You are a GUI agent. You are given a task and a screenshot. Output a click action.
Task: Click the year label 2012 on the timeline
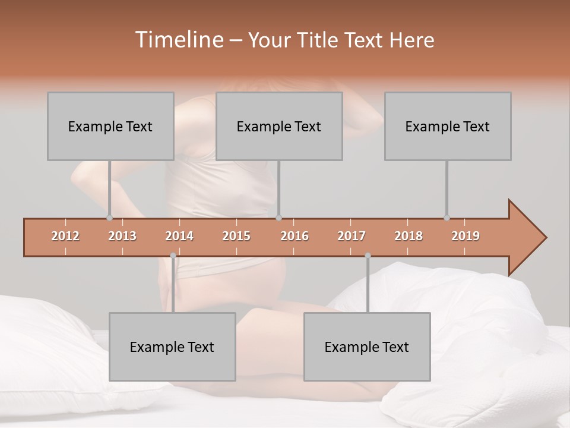[x=65, y=236]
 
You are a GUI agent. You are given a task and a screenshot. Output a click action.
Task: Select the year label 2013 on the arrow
[x=122, y=236]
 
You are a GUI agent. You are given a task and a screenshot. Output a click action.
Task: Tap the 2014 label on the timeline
[x=179, y=236]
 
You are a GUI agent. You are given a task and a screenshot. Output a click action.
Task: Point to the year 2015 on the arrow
[x=236, y=236]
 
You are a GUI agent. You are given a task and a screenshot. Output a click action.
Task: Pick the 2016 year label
[x=294, y=236]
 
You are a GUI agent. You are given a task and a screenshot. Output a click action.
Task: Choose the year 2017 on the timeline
[x=351, y=236]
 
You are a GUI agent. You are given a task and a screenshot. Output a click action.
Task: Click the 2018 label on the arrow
[x=408, y=236]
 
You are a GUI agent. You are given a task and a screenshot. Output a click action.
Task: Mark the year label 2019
[x=465, y=236]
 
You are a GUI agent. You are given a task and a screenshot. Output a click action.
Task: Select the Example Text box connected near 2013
[x=110, y=126]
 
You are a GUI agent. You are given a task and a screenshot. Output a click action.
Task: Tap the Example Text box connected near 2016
[x=279, y=126]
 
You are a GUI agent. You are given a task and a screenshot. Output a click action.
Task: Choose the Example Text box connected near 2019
[x=448, y=126]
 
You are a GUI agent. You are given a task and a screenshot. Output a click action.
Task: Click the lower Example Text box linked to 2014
[x=172, y=347]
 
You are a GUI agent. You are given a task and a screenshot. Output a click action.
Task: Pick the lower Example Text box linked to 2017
[x=367, y=347]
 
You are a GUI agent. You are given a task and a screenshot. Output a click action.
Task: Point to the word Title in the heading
[x=320, y=40]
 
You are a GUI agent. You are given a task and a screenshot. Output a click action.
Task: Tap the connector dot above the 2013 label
[x=110, y=218]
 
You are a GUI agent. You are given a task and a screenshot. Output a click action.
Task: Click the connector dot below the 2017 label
[x=368, y=256]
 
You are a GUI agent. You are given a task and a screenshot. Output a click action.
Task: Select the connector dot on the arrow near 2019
[x=446, y=218]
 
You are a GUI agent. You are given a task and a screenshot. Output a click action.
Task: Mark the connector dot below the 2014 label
[x=173, y=256]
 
